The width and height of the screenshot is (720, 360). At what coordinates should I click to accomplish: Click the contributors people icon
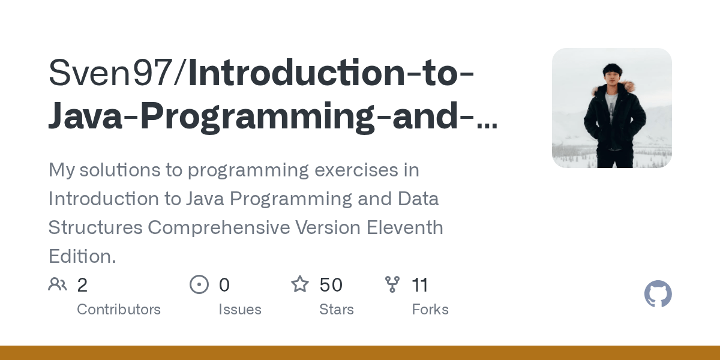(58, 284)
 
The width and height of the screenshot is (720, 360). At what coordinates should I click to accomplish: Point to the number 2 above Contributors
(82, 285)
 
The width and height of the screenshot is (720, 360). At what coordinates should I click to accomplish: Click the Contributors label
(119, 310)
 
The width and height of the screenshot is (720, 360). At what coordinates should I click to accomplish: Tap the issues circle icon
(199, 284)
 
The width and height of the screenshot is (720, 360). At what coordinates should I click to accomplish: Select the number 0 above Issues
(224, 285)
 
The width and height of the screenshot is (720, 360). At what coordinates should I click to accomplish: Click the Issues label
(240, 310)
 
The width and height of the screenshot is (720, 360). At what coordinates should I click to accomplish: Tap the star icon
(300, 284)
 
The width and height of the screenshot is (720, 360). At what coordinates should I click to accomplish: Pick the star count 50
(331, 285)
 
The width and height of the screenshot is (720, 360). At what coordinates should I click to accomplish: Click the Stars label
(337, 310)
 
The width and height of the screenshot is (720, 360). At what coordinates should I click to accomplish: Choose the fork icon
(392, 284)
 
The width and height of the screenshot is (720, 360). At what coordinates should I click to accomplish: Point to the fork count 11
(420, 285)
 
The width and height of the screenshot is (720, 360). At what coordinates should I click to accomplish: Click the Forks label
(430, 310)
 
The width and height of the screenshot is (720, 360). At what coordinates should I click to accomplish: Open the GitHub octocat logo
(658, 295)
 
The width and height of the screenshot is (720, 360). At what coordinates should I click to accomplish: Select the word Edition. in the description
(82, 257)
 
